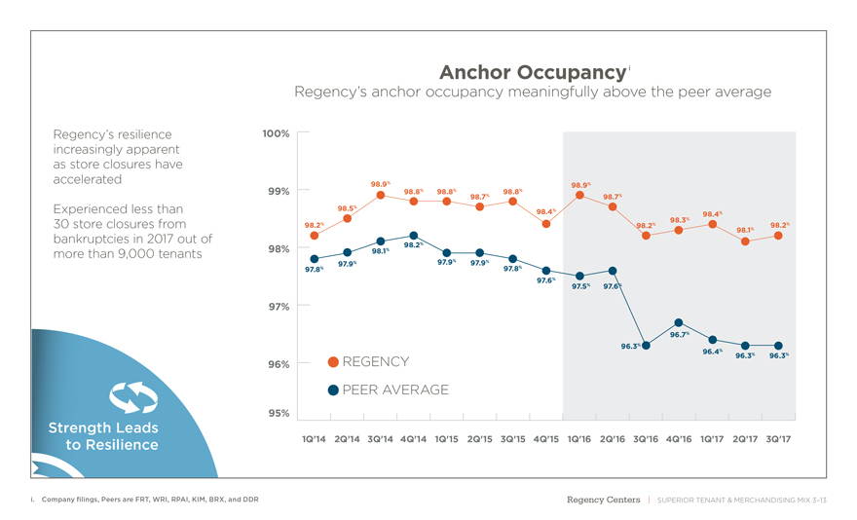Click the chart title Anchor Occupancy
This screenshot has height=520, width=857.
tap(530, 73)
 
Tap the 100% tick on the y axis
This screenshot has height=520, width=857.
tap(276, 132)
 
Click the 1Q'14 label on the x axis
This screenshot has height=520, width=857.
tap(314, 439)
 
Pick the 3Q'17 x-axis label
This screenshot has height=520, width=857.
tap(778, 439)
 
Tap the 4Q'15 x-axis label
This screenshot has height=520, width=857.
tap(546, 439)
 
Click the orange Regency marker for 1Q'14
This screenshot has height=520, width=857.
tap(315, 235)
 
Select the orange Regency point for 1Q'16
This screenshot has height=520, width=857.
tap(579, 195)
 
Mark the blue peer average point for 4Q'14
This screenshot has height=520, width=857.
tap(414, 236)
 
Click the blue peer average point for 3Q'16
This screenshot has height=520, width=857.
tap(646, 346)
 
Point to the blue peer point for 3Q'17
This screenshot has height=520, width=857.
tap(778, 346)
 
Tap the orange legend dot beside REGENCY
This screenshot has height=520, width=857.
tap(333, 362)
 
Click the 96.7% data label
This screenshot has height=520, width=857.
tap(679, 335)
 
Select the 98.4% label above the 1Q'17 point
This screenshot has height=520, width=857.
tap(712, 213)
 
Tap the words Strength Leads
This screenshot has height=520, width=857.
tap(103, 428)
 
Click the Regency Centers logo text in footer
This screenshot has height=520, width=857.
tap(603, 501)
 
